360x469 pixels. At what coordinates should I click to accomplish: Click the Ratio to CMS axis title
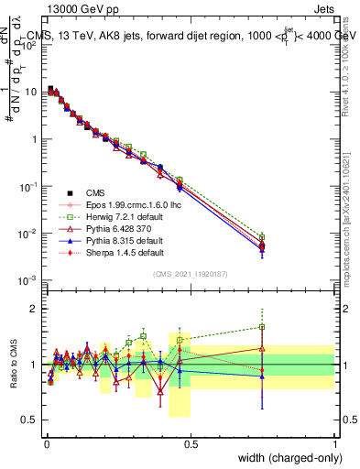[x=11, y=364]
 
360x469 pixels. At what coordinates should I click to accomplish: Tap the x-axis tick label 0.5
[x=191, y=443]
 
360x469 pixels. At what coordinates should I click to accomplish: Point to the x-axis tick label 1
[x=334, y=443]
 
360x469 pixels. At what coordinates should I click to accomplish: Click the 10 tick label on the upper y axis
[x=30, y=92]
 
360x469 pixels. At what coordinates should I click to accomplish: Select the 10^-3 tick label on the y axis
[x=28, y=280]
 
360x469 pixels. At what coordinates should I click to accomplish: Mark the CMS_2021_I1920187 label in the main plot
[x=190, y=274]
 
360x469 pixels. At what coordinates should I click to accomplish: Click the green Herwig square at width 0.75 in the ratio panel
[x=263, y=326]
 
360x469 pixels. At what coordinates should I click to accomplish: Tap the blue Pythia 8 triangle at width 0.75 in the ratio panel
[x=263, y=376]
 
